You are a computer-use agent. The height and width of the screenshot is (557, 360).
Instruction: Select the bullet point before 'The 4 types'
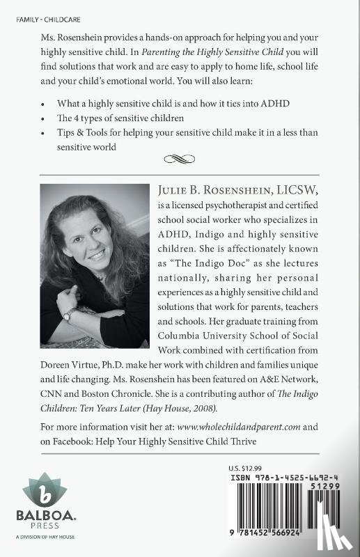(45, 117)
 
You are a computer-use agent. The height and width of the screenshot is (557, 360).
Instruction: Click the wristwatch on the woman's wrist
(68, 315)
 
